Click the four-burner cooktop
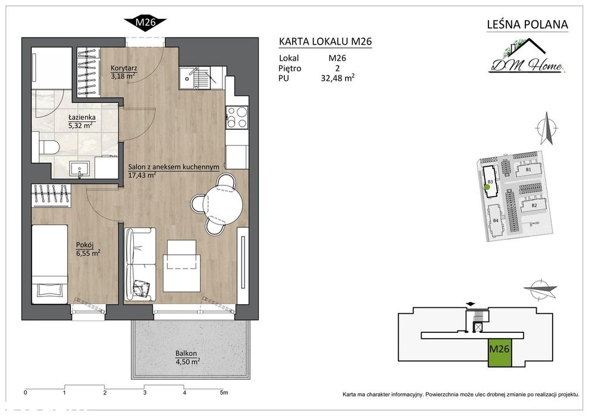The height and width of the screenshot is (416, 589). coord(237,117)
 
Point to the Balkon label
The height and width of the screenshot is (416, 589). coord(186,354)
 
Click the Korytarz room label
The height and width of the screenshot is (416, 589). coord(124,69)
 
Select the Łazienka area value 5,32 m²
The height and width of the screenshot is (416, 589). coord(80,125)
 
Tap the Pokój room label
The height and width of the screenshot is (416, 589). coord(85,245)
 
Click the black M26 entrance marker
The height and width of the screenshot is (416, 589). coord(145,23)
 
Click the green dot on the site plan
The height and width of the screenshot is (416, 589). coord(487,187)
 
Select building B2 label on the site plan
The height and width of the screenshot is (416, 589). coord(534,206)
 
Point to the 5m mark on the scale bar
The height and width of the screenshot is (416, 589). coord(224,393)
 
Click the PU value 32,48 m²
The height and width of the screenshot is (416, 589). coord(338,78)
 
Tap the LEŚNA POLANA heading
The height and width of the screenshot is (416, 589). coord(527,25)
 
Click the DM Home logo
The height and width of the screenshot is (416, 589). coord(527,57)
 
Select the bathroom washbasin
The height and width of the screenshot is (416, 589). coord(79,169)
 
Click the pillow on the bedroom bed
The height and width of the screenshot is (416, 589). coord(49,290)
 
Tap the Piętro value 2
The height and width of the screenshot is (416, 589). coord(337,68)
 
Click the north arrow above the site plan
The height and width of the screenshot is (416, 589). coord(547,128)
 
